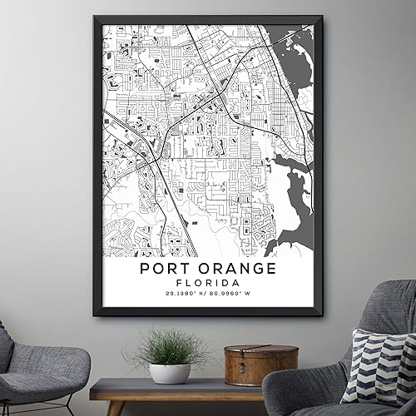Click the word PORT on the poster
coord(168,269)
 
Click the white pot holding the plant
coord(170,372)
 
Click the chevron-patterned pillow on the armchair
coord(379,366)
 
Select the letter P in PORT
coord(146,269)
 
